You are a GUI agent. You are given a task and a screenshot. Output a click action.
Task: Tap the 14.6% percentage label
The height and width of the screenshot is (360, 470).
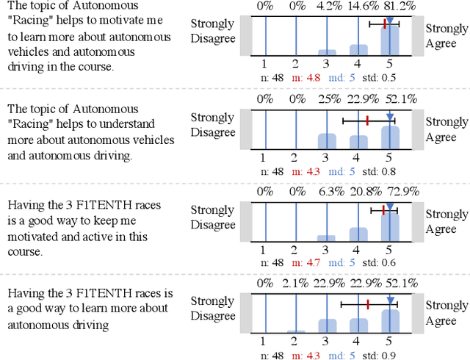(x=358, y=6)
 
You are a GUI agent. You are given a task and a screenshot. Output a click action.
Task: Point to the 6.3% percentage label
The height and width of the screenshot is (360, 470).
(x=326, y=192)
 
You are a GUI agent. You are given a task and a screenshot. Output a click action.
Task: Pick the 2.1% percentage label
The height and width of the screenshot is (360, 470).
(x=295, y=284)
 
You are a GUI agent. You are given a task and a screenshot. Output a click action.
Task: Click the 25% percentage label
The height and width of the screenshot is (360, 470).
(x=326, y=99)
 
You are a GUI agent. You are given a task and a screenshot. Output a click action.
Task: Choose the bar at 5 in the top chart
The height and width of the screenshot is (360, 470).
(x=390, y=40)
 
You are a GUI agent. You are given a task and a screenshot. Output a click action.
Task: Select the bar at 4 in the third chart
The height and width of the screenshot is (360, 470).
(x=358, y=234)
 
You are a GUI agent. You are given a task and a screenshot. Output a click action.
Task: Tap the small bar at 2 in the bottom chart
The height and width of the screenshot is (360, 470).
(x=295, y=332)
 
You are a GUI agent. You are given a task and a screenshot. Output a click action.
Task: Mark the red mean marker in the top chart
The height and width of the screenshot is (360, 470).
(x=385, y=25)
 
